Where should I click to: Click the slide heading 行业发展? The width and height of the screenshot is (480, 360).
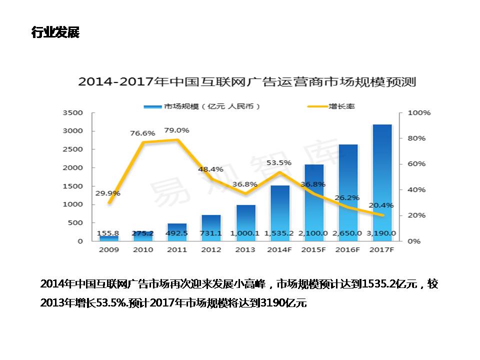55,33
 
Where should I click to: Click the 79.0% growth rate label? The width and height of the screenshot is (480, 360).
177,130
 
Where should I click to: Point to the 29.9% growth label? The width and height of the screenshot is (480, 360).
108,193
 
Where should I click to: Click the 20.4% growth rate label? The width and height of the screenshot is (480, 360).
381,205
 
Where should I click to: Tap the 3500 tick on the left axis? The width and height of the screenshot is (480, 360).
72,113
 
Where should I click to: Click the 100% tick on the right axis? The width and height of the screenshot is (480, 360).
419,113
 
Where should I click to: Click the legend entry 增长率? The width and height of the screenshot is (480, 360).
341,106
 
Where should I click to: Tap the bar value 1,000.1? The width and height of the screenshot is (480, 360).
245,233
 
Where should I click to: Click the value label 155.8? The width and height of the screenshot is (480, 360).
108,233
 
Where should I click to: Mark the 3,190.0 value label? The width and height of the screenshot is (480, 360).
382,233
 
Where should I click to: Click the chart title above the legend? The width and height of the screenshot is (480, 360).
247,81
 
